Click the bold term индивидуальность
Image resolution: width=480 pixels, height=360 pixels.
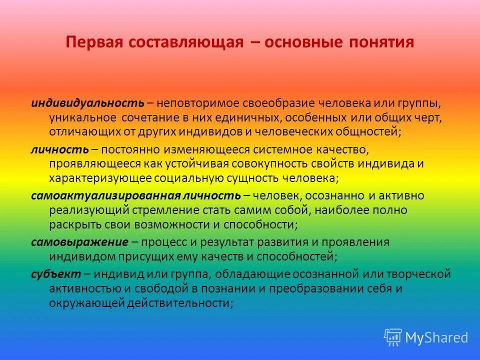88,103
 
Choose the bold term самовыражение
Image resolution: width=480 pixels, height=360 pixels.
79,242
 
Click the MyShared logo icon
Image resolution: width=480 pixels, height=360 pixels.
393,337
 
